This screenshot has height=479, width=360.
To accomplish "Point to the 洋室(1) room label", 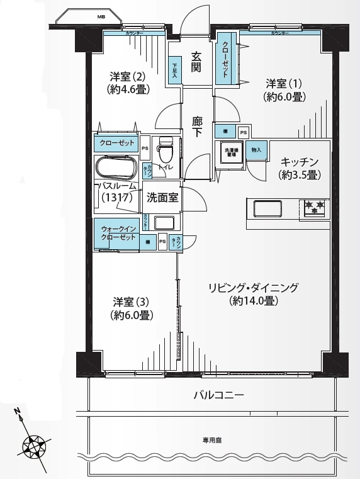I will coord(284,89).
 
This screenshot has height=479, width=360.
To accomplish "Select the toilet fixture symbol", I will coord(166,151).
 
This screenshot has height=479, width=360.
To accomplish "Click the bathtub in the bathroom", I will coord(116,169).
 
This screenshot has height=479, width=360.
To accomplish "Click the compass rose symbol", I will coord(34,447).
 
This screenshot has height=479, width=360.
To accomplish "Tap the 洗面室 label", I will coord(162,198).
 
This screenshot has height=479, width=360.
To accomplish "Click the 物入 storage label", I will coord(256,150).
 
